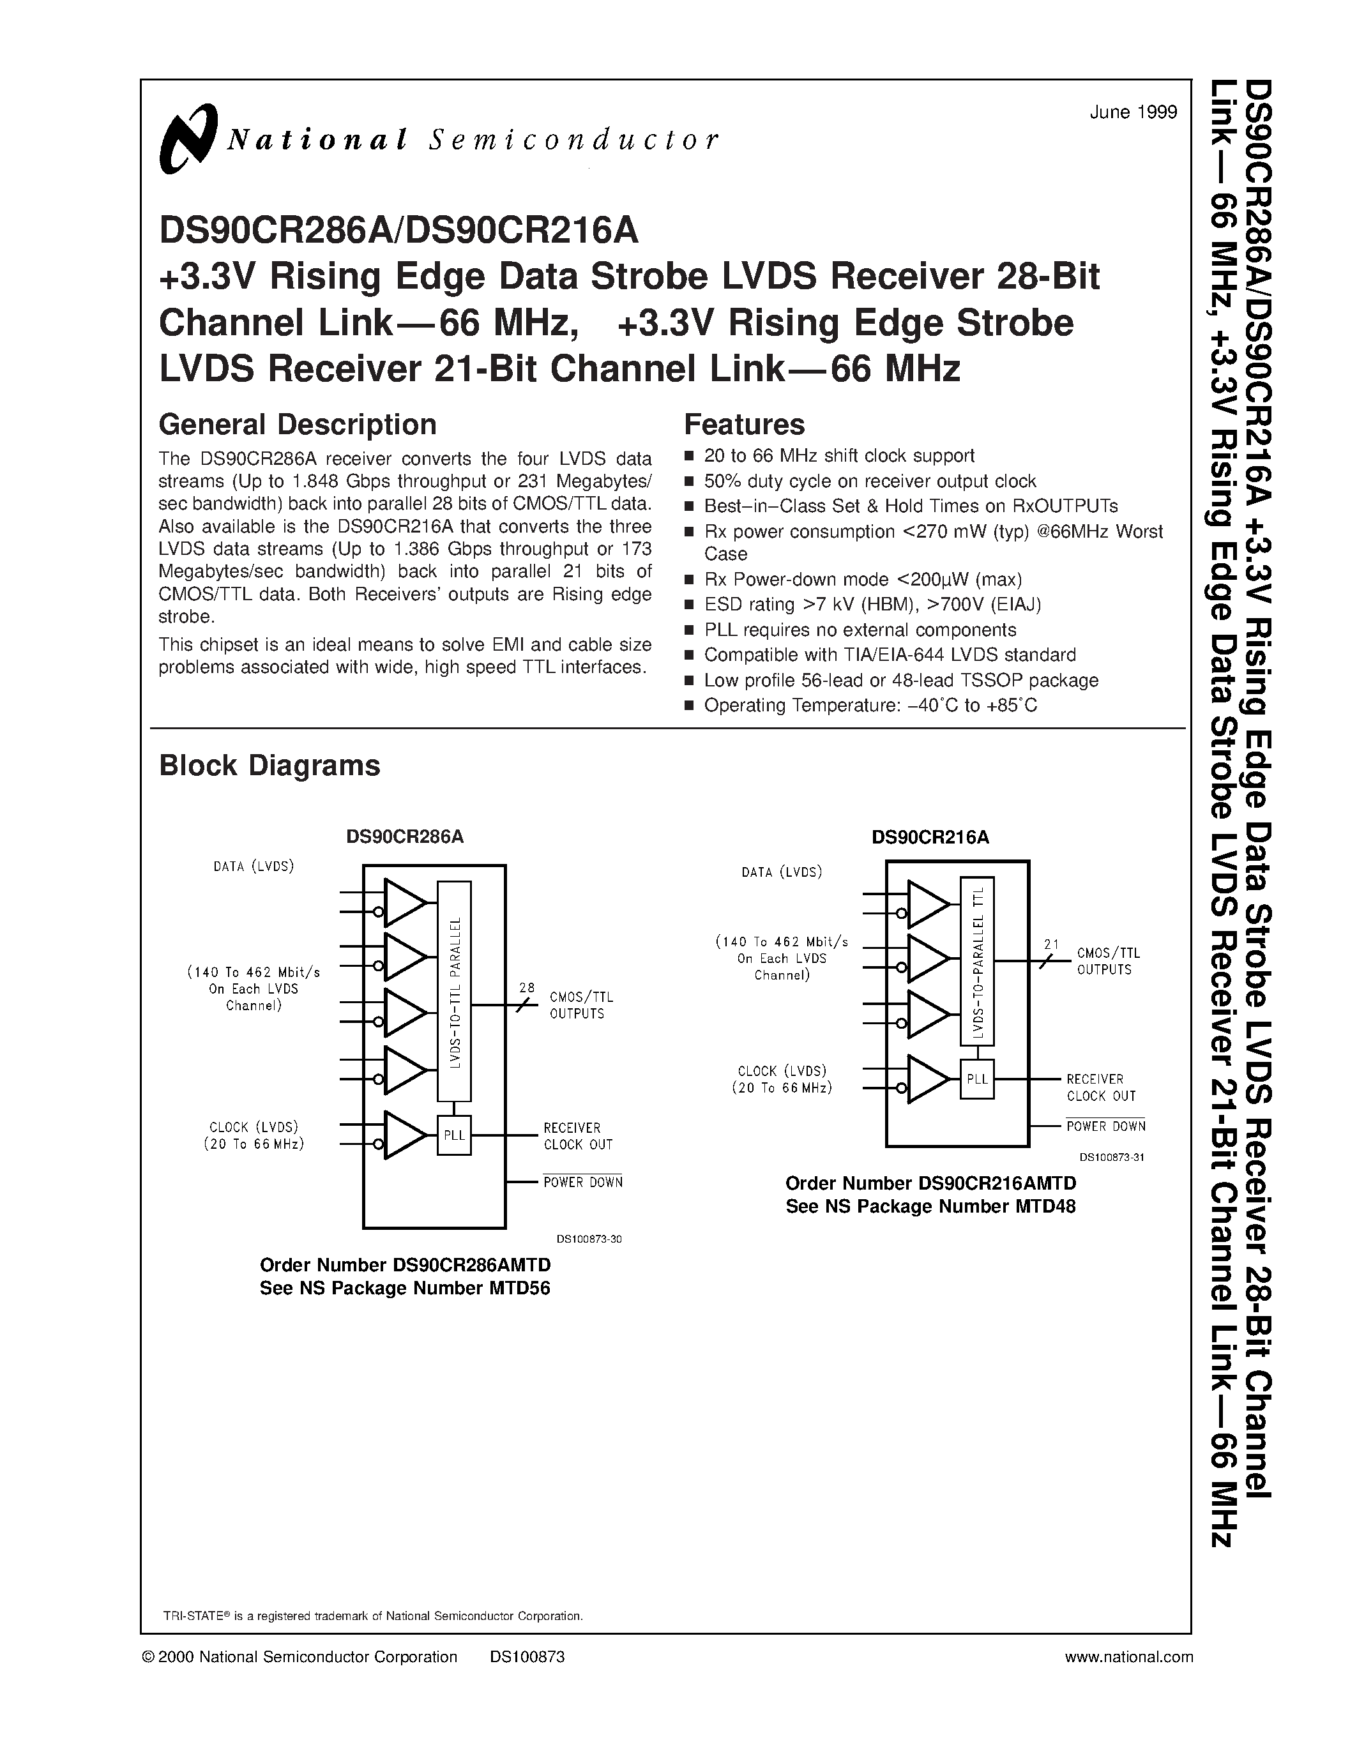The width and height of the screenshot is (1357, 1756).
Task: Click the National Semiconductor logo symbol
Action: tap(188, 139)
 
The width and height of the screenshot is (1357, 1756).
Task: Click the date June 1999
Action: tap(1133, 112)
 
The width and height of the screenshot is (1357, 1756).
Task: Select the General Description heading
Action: tap(298, 425)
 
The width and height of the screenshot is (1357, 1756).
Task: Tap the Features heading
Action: tap(743, 425)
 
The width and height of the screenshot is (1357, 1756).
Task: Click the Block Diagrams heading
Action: tap(269, 766)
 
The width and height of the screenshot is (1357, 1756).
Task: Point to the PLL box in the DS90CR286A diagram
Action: tap(454, 1135)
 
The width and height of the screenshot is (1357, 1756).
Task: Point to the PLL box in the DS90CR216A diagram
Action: tap(977, 1079)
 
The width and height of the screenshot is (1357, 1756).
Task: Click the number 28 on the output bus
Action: tap(527, 987)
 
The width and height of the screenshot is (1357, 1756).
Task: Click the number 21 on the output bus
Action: tap(1050, 945)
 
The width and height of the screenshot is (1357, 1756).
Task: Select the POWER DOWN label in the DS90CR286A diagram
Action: tap(583, 1183)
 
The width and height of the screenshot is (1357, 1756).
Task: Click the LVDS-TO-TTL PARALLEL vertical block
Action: tap(454, 990)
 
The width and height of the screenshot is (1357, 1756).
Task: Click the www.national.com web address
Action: tap(1128, 1657)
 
